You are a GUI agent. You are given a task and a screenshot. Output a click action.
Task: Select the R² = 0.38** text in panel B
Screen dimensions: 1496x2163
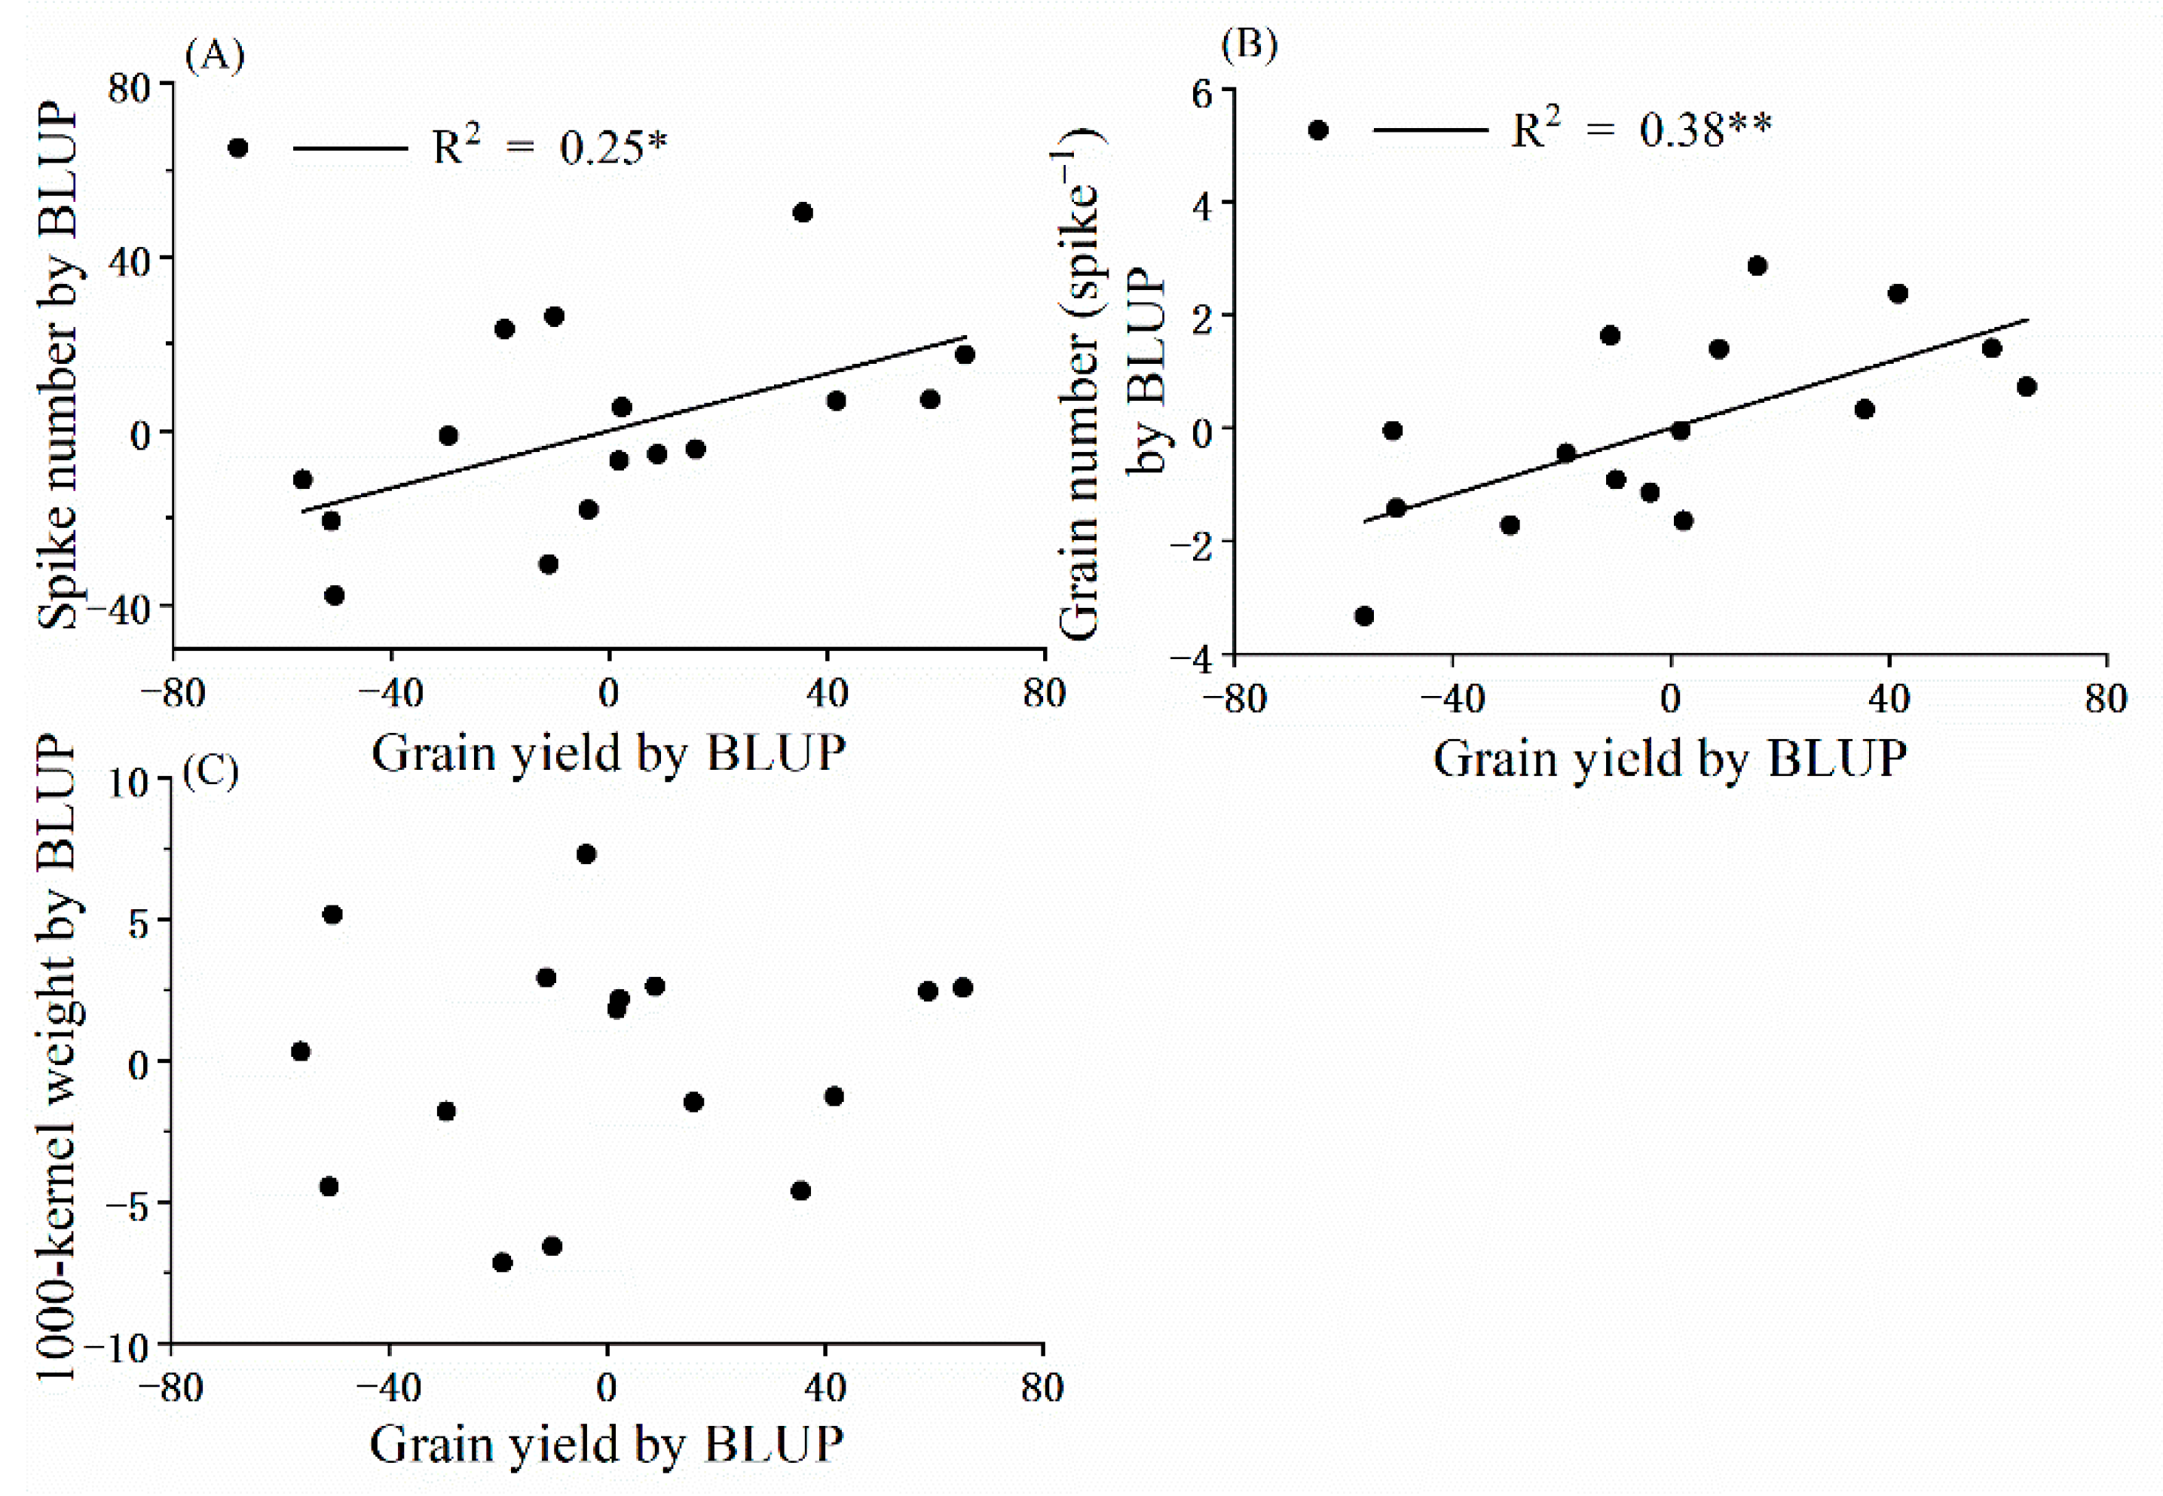click(1641, 130)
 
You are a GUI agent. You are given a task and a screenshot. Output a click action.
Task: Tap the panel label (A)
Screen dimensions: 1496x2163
click(215, 56)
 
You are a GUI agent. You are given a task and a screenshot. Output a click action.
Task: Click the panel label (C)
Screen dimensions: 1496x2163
click(211, 771)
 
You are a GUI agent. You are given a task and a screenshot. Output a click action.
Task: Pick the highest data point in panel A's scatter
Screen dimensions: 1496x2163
click(803, 212)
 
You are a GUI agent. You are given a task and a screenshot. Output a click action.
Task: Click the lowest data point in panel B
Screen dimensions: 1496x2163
click(1364, 616)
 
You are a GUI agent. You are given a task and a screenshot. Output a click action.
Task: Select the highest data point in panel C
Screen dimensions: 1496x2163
click(586, 854)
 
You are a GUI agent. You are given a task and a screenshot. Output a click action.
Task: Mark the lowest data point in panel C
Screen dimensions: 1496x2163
click(503, 1262)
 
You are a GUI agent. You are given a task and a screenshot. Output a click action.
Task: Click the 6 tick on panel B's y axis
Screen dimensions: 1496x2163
click(1202, 93)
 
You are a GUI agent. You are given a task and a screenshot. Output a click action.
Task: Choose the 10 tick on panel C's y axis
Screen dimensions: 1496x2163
click(128, 783)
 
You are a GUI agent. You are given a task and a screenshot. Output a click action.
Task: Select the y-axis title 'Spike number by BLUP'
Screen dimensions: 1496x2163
click(58, 365)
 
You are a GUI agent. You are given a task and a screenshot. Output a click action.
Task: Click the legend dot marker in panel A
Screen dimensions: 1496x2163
click(238, 148)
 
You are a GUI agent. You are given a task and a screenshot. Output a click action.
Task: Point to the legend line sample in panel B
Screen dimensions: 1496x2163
click(1430, 130)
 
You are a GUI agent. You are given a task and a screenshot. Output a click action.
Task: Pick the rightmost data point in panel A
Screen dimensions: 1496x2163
click(965, 354)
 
